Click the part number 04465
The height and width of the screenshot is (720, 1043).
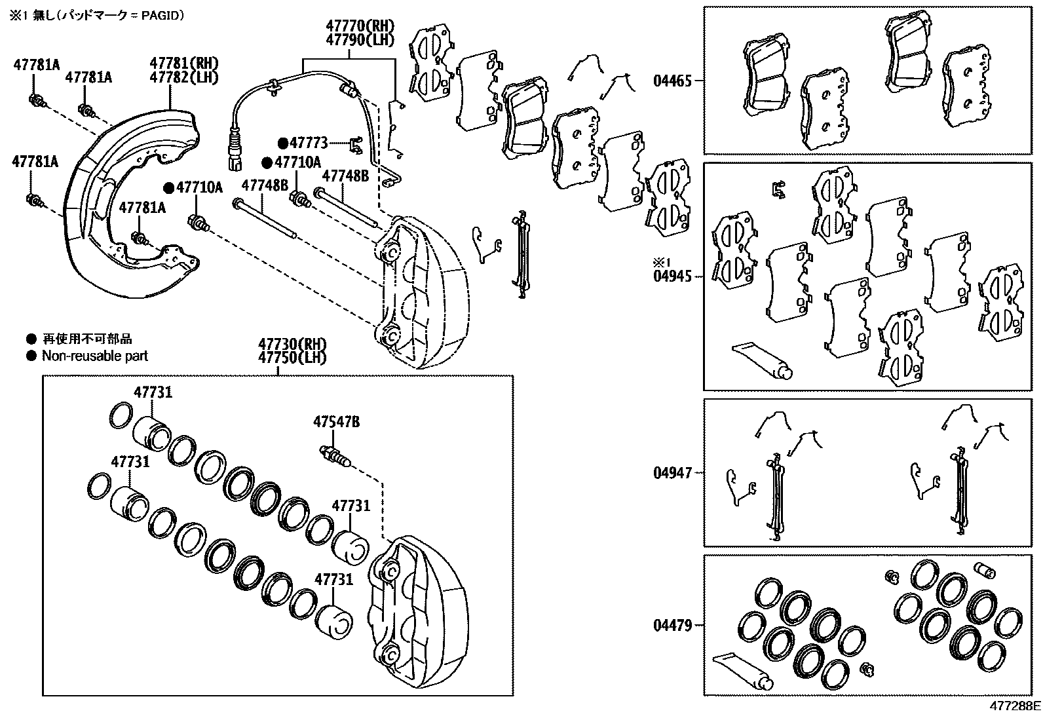[672, 82]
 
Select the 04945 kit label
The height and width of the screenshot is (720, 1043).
[672, 276]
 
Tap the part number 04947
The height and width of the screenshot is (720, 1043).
[672, 472]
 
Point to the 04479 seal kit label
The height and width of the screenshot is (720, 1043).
[672, 625]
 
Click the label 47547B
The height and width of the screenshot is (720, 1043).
[336, 422]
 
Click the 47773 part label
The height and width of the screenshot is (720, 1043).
[309, 142]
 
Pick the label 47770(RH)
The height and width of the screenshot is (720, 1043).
[360, 27]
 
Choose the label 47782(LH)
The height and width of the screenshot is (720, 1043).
[183, 77]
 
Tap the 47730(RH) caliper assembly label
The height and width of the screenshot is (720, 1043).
[292, 345]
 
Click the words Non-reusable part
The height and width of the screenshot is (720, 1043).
[95, 356]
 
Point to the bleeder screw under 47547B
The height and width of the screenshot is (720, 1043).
[336, 455]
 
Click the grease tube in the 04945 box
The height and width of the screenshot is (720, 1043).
[763, 360]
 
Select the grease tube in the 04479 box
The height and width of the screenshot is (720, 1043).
[740, 671]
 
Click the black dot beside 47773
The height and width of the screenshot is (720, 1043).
[283, 143]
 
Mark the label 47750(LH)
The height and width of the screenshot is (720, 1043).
[292, 358]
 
